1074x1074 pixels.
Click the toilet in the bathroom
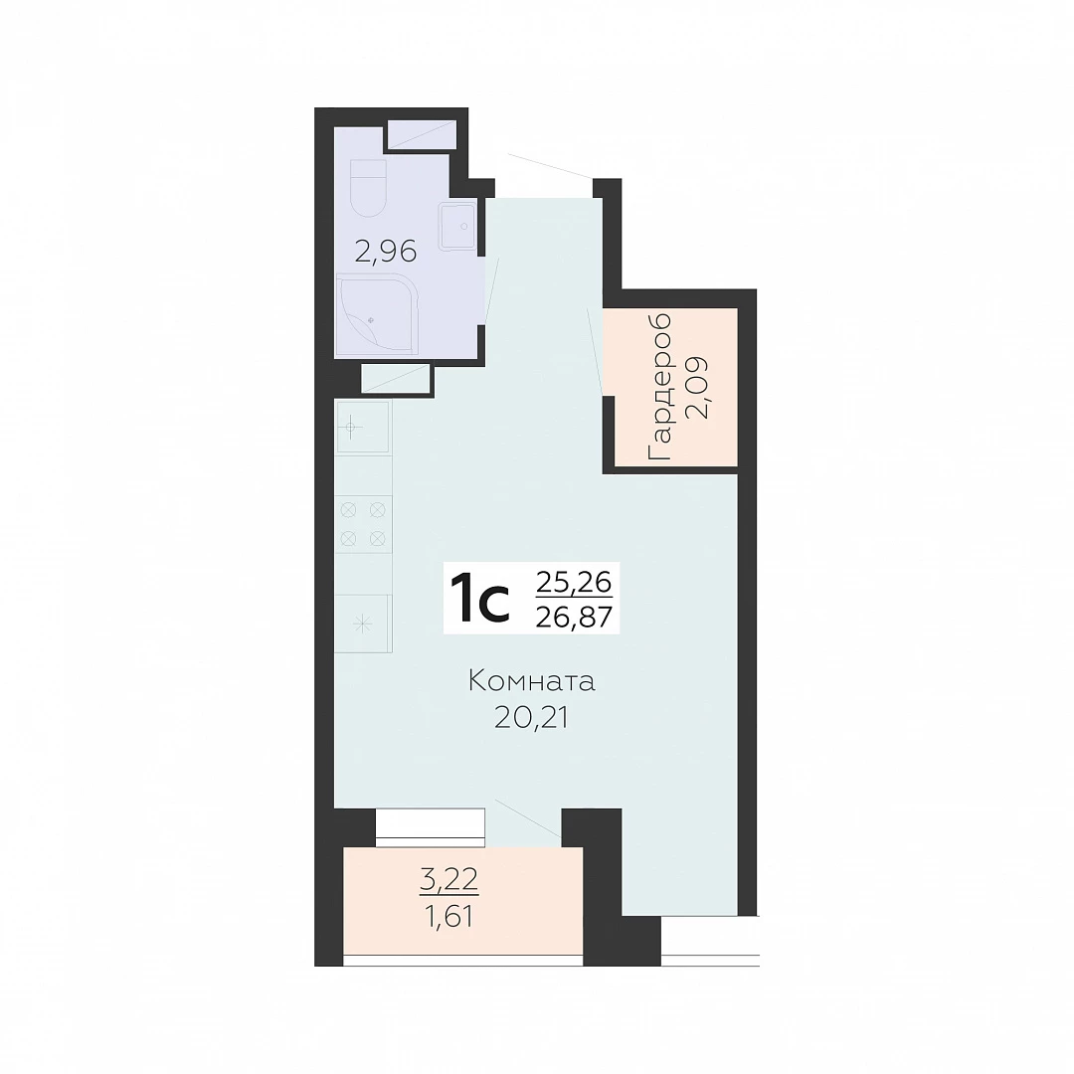click(x=368, y=188)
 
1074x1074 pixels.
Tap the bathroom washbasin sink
click(x=456, y=226)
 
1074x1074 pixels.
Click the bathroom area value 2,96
click(x=386, y=252)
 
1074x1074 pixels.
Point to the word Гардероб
click(x=659, y=386)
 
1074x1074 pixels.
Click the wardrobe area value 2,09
click(x=697, y=388)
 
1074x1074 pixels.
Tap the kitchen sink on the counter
click(x=362, y=428)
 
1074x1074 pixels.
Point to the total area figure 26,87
click(x=574, y=618)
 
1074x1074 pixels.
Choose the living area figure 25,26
click(x=574, y=582)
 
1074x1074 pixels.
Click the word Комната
click(x=531, y=681)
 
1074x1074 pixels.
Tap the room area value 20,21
click(x=531, y=718)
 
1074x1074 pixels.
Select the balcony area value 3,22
click(x=448, y=879)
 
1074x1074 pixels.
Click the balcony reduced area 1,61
click(x=448, y=916)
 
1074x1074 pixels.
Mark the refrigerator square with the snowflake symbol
click(x=363, y=624)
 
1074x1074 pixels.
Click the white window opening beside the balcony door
click(x=431, y=827)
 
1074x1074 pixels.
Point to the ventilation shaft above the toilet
click(x=422, y=134)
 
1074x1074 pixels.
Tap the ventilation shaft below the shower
click(x=395, y=378)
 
